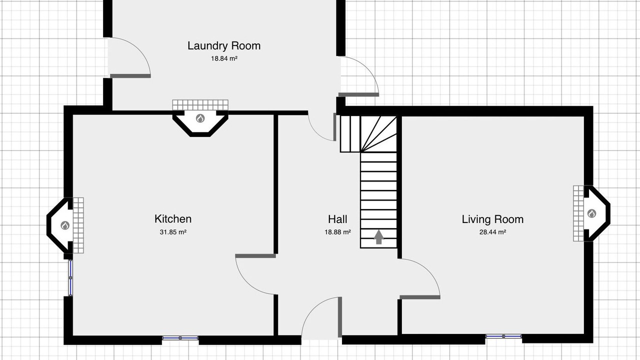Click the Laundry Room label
224,45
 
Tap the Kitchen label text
173,219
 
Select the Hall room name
337,219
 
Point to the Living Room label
492,219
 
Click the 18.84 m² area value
224,58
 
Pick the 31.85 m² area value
173,232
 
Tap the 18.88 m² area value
337,232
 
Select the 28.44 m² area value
492,232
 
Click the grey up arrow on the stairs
378,237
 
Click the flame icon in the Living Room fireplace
591,213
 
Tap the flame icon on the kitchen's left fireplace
65,225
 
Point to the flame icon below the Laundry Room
200,118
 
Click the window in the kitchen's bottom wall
180,338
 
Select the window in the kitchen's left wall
70,277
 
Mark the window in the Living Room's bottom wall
503,336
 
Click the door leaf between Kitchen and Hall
255,255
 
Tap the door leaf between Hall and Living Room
419,297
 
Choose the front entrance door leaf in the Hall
340,317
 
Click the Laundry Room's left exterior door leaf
130,76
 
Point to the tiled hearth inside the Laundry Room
200,105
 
